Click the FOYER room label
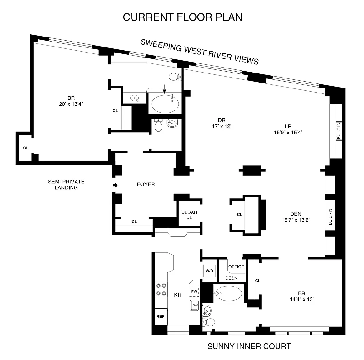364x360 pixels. pos(146,184)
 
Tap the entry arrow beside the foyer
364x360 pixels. pos(115,185)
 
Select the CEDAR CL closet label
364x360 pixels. pos(189,215)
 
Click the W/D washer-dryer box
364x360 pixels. pos(209,271)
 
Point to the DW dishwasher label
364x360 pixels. pos(194,291)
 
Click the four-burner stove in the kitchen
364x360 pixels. pos(161,289)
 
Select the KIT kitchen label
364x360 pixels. pos(178,295)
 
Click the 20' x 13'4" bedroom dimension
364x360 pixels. pos(71,104)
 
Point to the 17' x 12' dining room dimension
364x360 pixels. pos(222,126)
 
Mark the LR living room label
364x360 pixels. pos(288,127)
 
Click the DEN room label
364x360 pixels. pos(296,214)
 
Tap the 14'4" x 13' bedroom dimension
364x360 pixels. pos(302,299)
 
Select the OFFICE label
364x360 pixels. pos(236,267)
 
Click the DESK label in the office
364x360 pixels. pos(231,278)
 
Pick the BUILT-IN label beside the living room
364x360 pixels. pos(339,131)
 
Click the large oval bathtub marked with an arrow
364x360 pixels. pos(165,103)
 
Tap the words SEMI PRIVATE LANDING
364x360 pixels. pos(66,185)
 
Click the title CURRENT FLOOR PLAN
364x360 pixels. pos(182,17)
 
